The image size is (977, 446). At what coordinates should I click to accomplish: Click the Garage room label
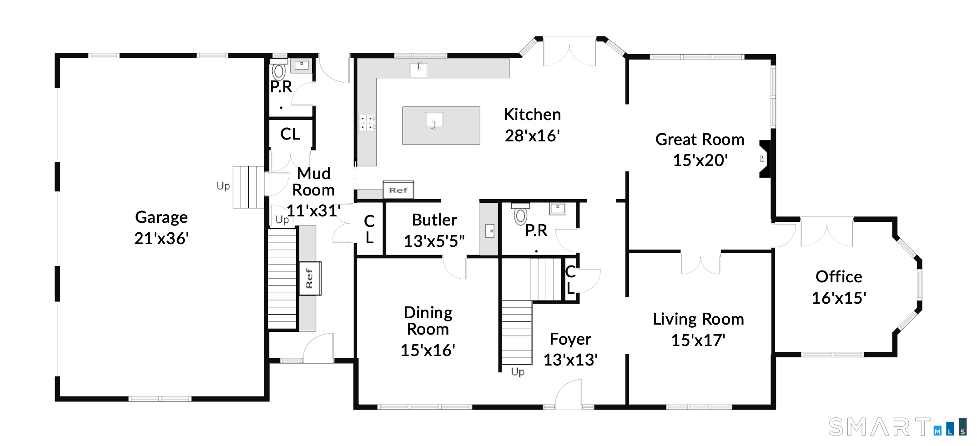(161, 217)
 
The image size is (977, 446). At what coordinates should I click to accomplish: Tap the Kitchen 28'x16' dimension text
(532, 135)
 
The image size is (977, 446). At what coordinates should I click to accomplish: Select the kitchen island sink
(434, 121)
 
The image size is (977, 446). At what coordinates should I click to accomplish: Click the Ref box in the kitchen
(398, 190)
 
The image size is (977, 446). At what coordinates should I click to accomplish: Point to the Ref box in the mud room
(309, 278)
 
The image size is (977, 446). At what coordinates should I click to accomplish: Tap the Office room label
(839, 276)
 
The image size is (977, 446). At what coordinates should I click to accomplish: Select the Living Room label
(698, 319)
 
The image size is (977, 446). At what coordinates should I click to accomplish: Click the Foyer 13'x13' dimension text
(570, 360)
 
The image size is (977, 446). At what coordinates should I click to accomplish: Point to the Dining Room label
(428, 321)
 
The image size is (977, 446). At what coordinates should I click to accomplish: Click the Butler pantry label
(434, 220)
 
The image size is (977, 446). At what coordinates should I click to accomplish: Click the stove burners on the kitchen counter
(367, 123)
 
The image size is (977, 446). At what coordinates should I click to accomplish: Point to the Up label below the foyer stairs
(518, 372)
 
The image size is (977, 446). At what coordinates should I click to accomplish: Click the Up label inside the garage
(223, 186)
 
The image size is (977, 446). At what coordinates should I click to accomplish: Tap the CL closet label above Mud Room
(290, 134)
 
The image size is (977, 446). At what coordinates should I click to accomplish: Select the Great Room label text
(700, 139)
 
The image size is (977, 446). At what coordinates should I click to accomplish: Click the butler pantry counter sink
(490, 231)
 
